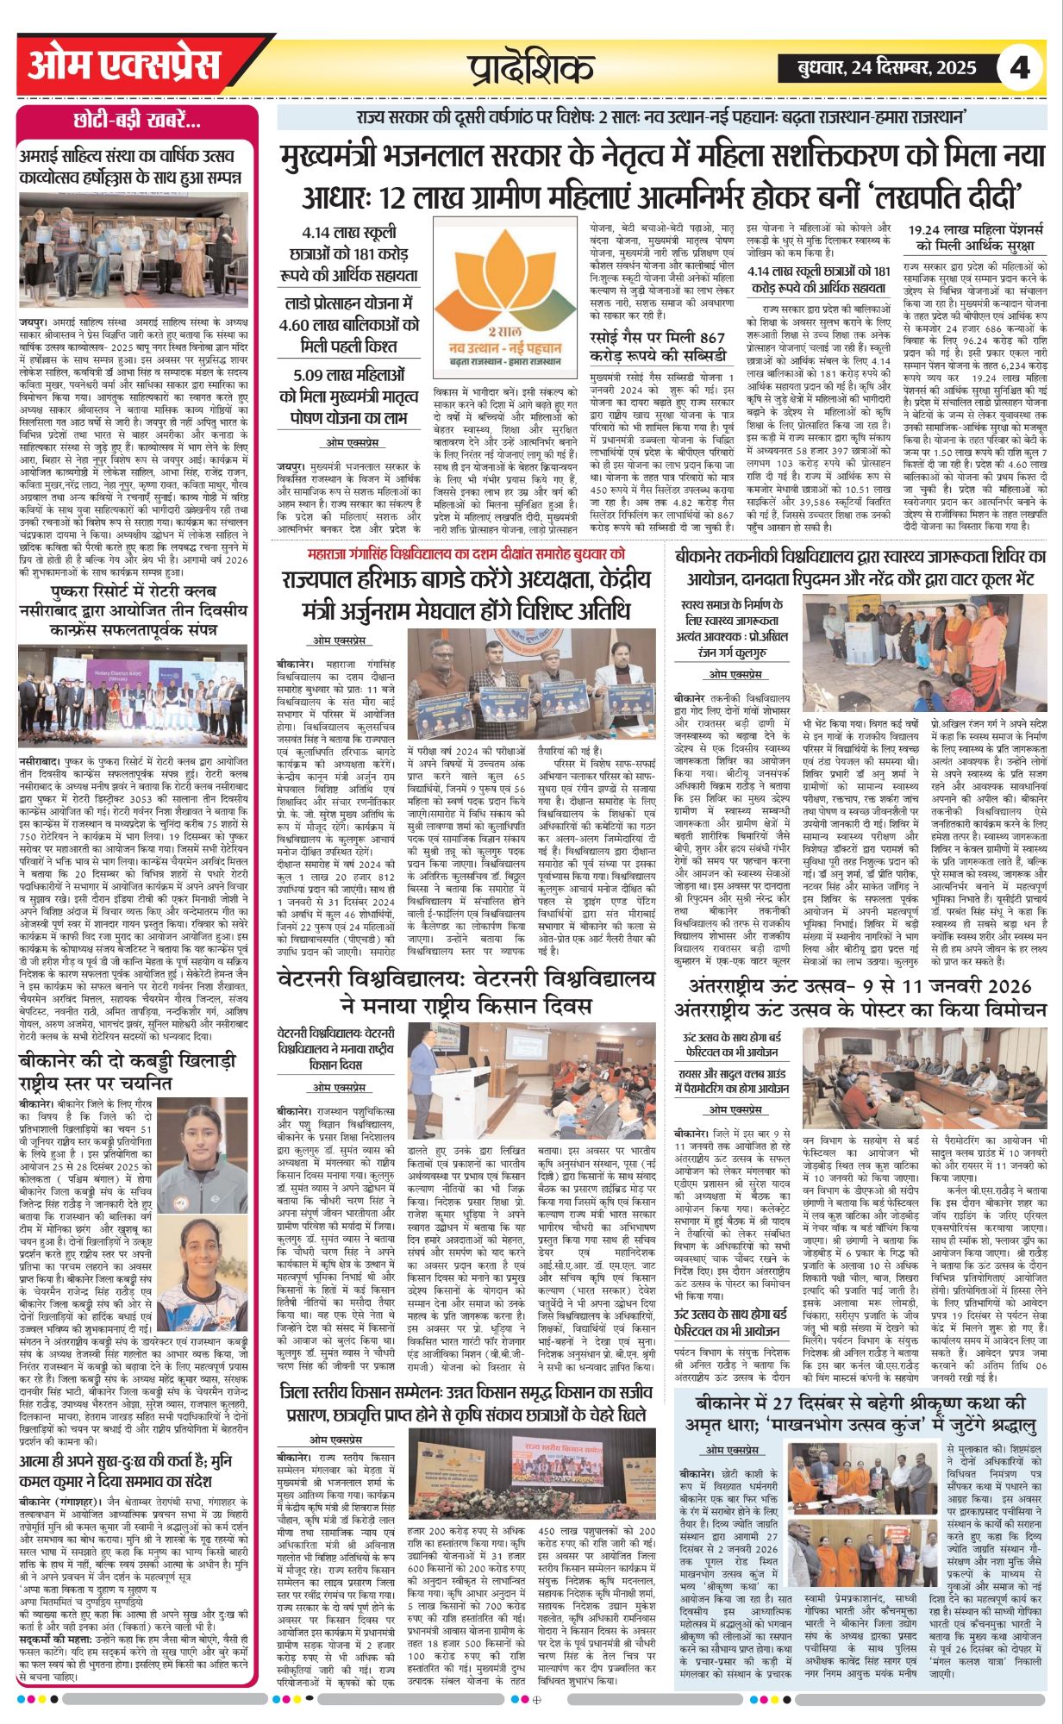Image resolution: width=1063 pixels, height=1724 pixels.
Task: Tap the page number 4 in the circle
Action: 1020,67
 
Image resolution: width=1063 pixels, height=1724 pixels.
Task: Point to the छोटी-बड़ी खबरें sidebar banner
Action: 137,120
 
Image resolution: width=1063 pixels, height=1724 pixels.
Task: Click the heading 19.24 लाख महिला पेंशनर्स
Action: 976,238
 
